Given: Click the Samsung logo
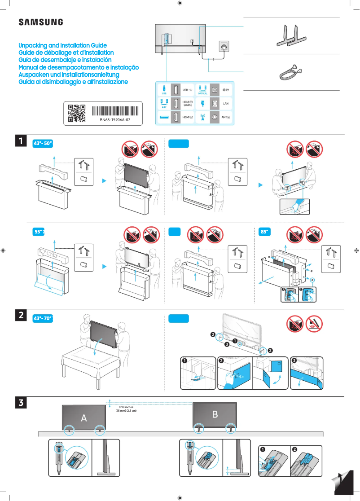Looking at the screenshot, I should point(40,22).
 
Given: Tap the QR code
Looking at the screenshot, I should point(76,114).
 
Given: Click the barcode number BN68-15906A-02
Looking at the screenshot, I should point(115,120).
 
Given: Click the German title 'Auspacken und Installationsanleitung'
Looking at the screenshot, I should point(68,75).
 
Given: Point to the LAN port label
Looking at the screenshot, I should point(226,103).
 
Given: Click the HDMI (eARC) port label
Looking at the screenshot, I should point(188,103).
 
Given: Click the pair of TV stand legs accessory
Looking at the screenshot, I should point(291,35).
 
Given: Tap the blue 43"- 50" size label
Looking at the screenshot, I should point(44,143).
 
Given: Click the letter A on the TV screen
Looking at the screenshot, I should point(83,418).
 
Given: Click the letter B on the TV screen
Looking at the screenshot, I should point(215,414).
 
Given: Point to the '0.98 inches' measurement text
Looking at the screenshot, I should point(125,407).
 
